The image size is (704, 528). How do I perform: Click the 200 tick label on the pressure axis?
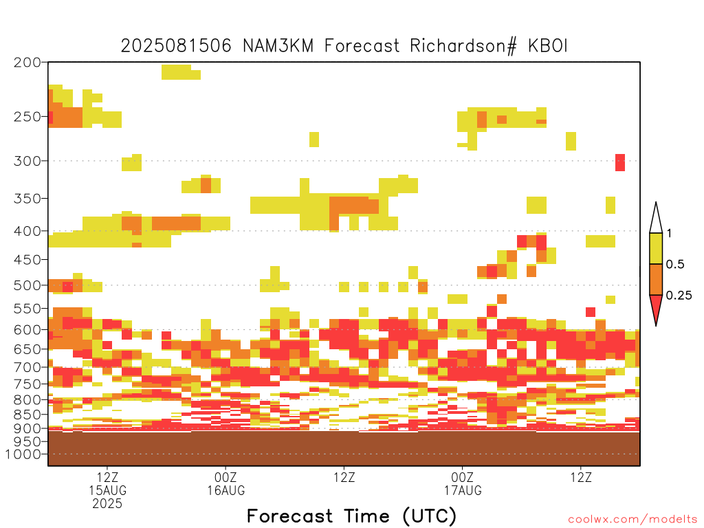point(27,63)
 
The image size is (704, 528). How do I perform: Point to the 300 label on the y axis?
point(27,161)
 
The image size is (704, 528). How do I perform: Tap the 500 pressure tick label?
point(27,285)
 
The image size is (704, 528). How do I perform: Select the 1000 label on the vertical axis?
point(23,454)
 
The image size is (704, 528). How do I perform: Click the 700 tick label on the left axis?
point(27,367)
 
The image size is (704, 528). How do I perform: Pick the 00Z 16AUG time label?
point(225,483)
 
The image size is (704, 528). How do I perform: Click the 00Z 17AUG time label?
point(463,483)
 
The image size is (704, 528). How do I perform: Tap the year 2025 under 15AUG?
point(107,503)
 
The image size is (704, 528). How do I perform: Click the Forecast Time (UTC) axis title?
point(351,516)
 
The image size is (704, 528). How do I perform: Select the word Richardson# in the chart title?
point(463,46)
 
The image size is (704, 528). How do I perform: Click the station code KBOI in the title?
point(548,46)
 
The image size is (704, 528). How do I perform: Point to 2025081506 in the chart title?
point(176,46)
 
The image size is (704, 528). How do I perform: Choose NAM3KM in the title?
point(278,46)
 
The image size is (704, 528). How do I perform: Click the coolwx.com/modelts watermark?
point(632,520)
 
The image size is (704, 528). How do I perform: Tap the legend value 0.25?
point(679,295)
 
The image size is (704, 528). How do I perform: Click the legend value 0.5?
point(675,264)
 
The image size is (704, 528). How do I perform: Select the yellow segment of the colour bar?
point(656,248)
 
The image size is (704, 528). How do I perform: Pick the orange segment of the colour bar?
point(656,279)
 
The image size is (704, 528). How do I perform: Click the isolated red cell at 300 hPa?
point(620,162)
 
